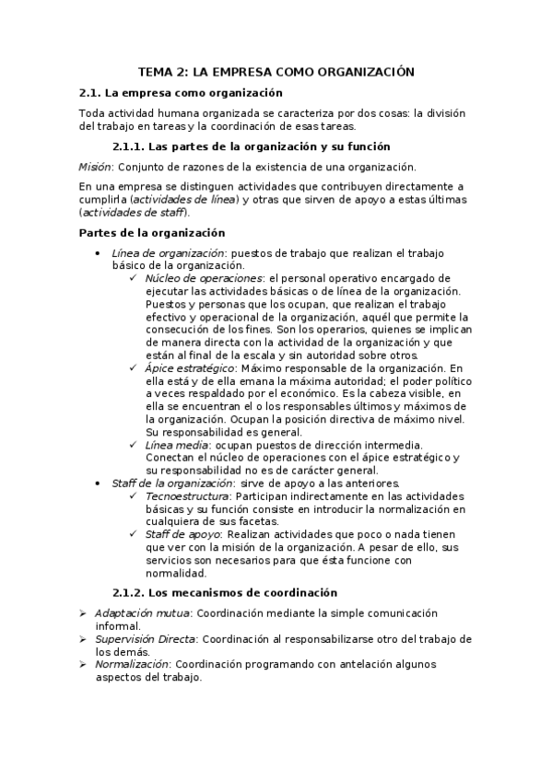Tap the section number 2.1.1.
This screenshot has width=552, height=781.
coord(128,146)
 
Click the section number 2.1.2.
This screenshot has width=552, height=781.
coord(128,592)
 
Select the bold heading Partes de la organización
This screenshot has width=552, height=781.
coord(152,233)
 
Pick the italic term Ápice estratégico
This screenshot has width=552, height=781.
coord(189,367)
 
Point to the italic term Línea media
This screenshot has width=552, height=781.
coord(172,445)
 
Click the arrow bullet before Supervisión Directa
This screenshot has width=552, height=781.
coord(84,638)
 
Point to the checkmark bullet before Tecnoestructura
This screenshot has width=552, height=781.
coord(135,495)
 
